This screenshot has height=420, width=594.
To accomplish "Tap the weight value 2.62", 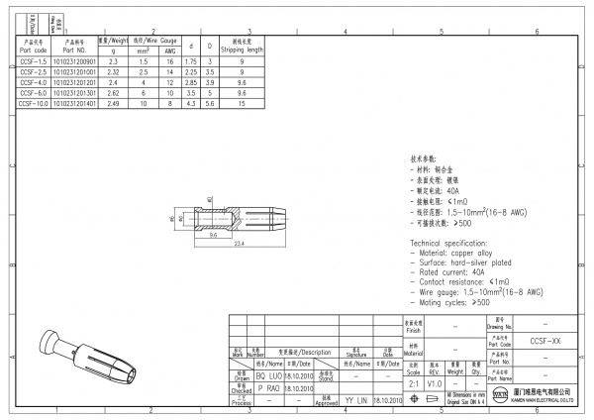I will tap(113, 91).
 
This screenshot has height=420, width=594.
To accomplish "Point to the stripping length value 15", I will tap(242, 101).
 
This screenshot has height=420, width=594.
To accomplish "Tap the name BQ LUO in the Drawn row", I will tap(269, 377).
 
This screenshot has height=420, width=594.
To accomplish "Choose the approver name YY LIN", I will tap(355, 399).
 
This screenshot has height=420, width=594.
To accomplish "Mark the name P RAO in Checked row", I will tap(269, 388).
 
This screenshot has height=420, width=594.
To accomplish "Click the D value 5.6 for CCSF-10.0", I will tap(209, 101).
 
